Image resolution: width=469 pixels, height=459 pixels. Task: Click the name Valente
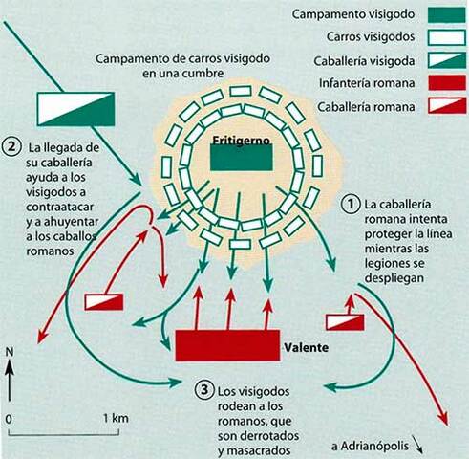click(306, 348)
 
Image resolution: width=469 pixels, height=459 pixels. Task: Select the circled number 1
click(352, 203)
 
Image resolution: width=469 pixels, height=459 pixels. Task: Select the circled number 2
click(11, 149)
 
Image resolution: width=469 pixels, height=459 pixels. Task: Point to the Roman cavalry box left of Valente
click(104, 301)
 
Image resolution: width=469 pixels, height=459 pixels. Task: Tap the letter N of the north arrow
click(10, 353)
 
